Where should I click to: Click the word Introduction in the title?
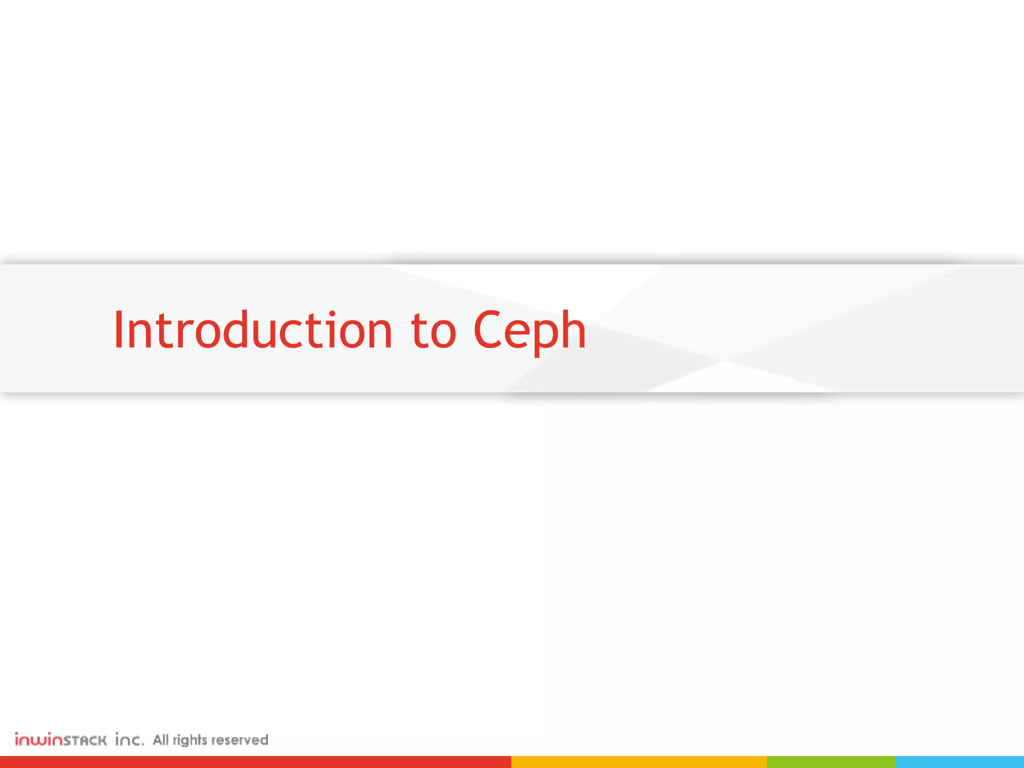tap(252, 330)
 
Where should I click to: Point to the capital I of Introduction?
tap(118, 330)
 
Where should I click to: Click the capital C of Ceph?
tap(487, 330)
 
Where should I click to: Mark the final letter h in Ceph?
tap(573, 329)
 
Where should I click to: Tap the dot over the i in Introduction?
tap(332, 313)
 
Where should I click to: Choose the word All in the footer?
tap(160, 739)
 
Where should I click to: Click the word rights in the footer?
tap(190, 740)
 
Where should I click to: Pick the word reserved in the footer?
tap(240, 740)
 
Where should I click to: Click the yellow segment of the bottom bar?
tap(638, 762)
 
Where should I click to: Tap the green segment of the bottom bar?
tap(831, 762)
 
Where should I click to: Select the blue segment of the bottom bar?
tap(960, 762)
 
